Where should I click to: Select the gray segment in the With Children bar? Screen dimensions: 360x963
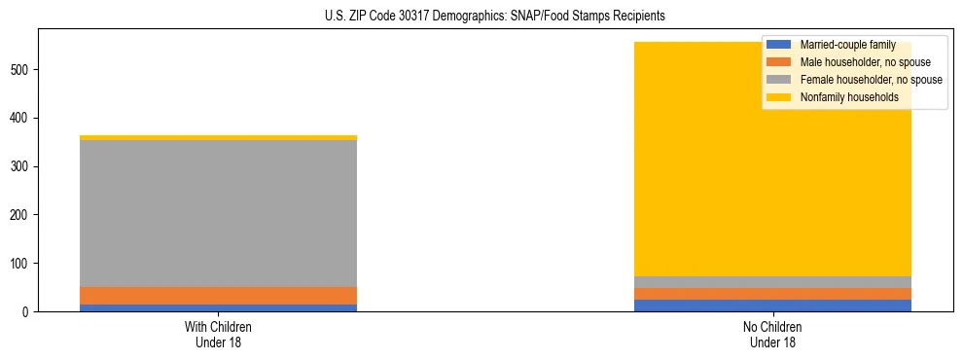(218, 213)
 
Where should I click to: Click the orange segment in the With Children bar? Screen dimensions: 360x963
(218, 296)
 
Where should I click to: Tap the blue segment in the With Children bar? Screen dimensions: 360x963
(218, 307)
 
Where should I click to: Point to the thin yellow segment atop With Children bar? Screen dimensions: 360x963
(218, 137)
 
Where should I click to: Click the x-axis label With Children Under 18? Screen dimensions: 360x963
(218, 334)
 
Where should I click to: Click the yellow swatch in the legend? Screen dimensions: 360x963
(779, 97)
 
